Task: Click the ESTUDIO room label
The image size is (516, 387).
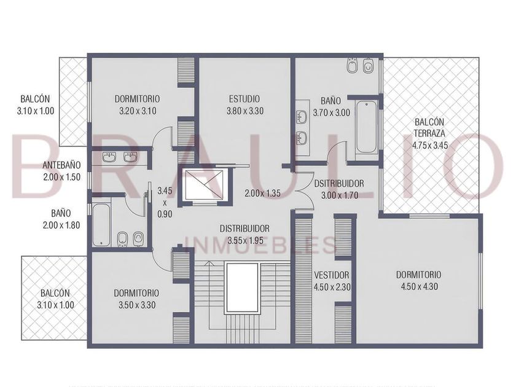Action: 244,99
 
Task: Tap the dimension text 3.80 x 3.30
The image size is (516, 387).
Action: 245,111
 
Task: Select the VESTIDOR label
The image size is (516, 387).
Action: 331,275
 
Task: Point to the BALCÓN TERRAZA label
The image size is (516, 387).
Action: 429,128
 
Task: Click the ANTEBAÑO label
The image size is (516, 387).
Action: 61,165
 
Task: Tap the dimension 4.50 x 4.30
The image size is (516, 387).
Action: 419,287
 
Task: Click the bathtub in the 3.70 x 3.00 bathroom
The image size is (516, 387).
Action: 367,127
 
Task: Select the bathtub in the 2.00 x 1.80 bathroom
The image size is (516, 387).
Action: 101,225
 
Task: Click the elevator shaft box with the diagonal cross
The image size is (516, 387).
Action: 204,185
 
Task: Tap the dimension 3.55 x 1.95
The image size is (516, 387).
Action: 245,241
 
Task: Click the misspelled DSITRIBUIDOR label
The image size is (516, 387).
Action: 339,183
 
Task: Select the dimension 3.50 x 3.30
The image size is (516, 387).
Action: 137,305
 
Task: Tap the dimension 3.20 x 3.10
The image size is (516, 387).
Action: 138,111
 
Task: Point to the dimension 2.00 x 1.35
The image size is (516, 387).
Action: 262,193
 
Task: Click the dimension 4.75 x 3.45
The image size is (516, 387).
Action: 430,145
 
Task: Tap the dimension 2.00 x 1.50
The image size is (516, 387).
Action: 61,177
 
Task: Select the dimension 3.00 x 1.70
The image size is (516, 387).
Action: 339,195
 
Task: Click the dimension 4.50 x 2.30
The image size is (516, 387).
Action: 332,287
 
